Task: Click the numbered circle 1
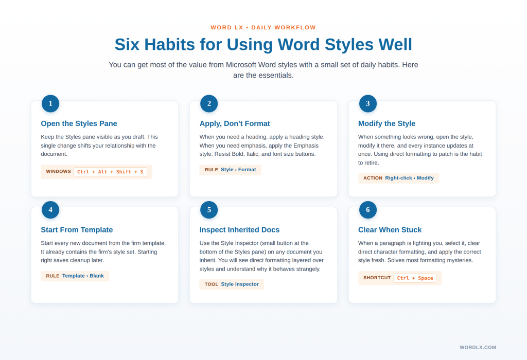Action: click(50, 103)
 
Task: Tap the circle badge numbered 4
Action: click(50, 210)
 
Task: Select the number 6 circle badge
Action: click(368, 210)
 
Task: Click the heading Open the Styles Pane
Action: click(79, 123)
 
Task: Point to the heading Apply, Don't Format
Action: click(235, 123)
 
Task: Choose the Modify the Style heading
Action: click(387, 123)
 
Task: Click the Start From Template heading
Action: click(77, 230)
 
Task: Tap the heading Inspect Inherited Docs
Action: click(239, 230)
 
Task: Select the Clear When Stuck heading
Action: click(390, 230)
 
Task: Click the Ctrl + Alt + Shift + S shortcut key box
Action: click(110, 172)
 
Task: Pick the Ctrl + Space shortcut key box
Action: click(415, 278)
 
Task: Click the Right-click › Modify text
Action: click(409, 178)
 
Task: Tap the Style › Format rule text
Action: click(238, 170)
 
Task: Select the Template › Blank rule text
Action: click(83, 276)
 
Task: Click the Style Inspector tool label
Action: click(240, 284)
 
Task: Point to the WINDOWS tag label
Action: click(58, 172)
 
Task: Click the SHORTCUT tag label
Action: click(377, 278)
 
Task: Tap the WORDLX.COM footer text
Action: click(478, 348)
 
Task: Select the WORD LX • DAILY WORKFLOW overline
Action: click(263, 28)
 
